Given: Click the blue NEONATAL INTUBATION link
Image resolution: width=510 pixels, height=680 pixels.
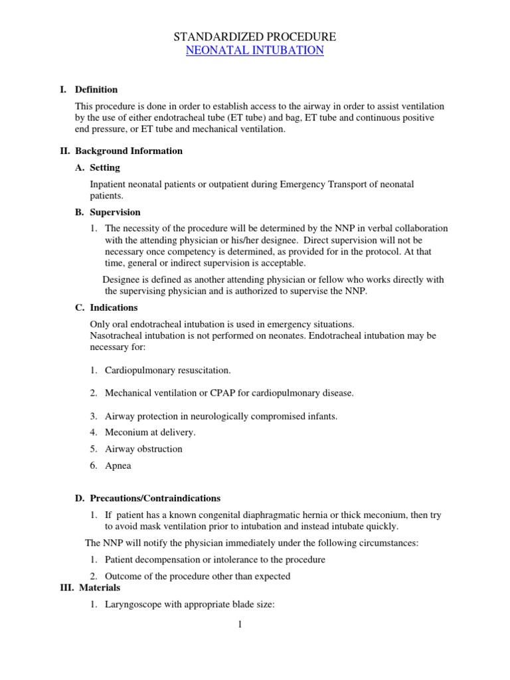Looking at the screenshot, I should coord(255,50).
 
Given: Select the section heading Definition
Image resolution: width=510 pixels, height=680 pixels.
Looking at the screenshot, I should coord(96,90).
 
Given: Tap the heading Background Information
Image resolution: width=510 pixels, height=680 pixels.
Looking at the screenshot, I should coord(128,151).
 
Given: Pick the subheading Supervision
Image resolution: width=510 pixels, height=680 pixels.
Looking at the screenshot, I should coord(115,212).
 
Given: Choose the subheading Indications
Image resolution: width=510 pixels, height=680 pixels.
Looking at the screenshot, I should coord(114,307).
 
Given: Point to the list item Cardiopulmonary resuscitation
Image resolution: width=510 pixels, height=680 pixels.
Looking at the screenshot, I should coord(168,370).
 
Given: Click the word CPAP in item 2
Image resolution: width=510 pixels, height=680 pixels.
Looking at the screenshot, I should coord(222,393).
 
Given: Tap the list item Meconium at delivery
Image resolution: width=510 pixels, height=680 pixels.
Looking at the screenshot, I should coord(150,432).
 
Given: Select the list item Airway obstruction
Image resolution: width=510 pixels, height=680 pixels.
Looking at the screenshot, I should coord(143,449).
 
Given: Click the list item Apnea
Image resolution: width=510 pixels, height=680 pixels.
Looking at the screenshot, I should coord(118,466).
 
